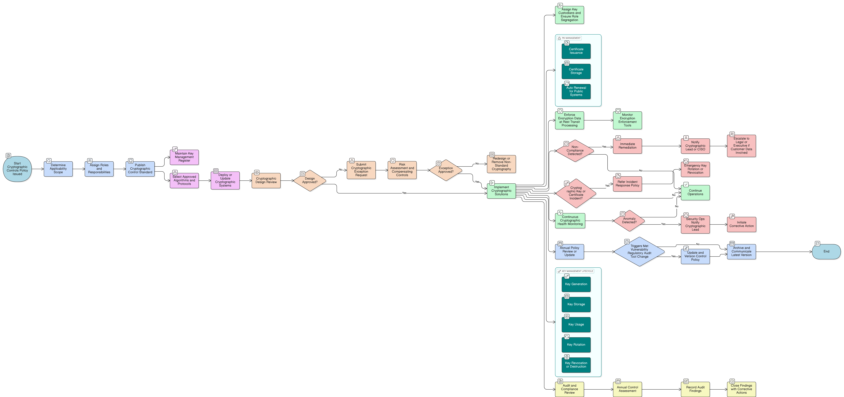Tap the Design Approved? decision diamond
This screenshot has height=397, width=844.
(310, 180)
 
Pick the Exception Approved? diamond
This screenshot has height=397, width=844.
(446, 170)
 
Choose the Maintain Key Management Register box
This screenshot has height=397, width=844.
(184, 157)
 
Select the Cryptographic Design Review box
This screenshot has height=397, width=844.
(266, 180)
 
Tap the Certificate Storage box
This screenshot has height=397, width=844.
(576, 71)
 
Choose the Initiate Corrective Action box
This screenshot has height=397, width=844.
(741, 224)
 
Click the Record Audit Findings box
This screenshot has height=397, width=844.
(695, 389)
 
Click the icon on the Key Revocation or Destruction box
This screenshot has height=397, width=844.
(567, 357)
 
